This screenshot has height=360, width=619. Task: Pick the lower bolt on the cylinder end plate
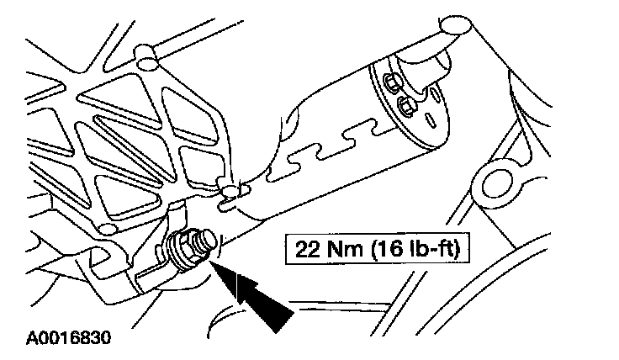coord(405,105)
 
